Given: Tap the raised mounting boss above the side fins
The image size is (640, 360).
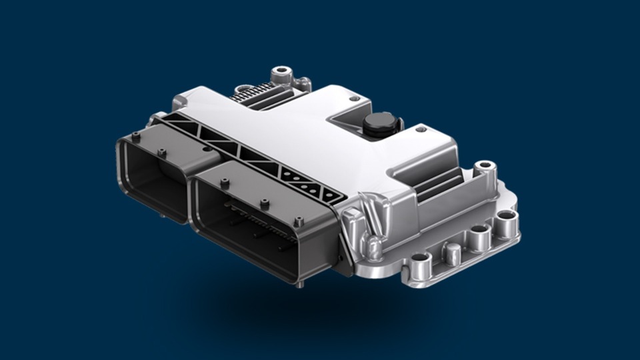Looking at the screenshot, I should (485, 167).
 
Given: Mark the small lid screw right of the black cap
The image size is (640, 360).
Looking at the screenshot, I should (421, 129).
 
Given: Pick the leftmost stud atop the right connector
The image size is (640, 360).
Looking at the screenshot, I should (225, 182).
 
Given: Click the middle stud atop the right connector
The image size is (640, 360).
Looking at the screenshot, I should (265, 203).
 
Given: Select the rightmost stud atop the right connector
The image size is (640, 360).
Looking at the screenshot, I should (298, 221).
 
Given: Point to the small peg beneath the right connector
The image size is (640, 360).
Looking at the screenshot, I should (299, 284).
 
